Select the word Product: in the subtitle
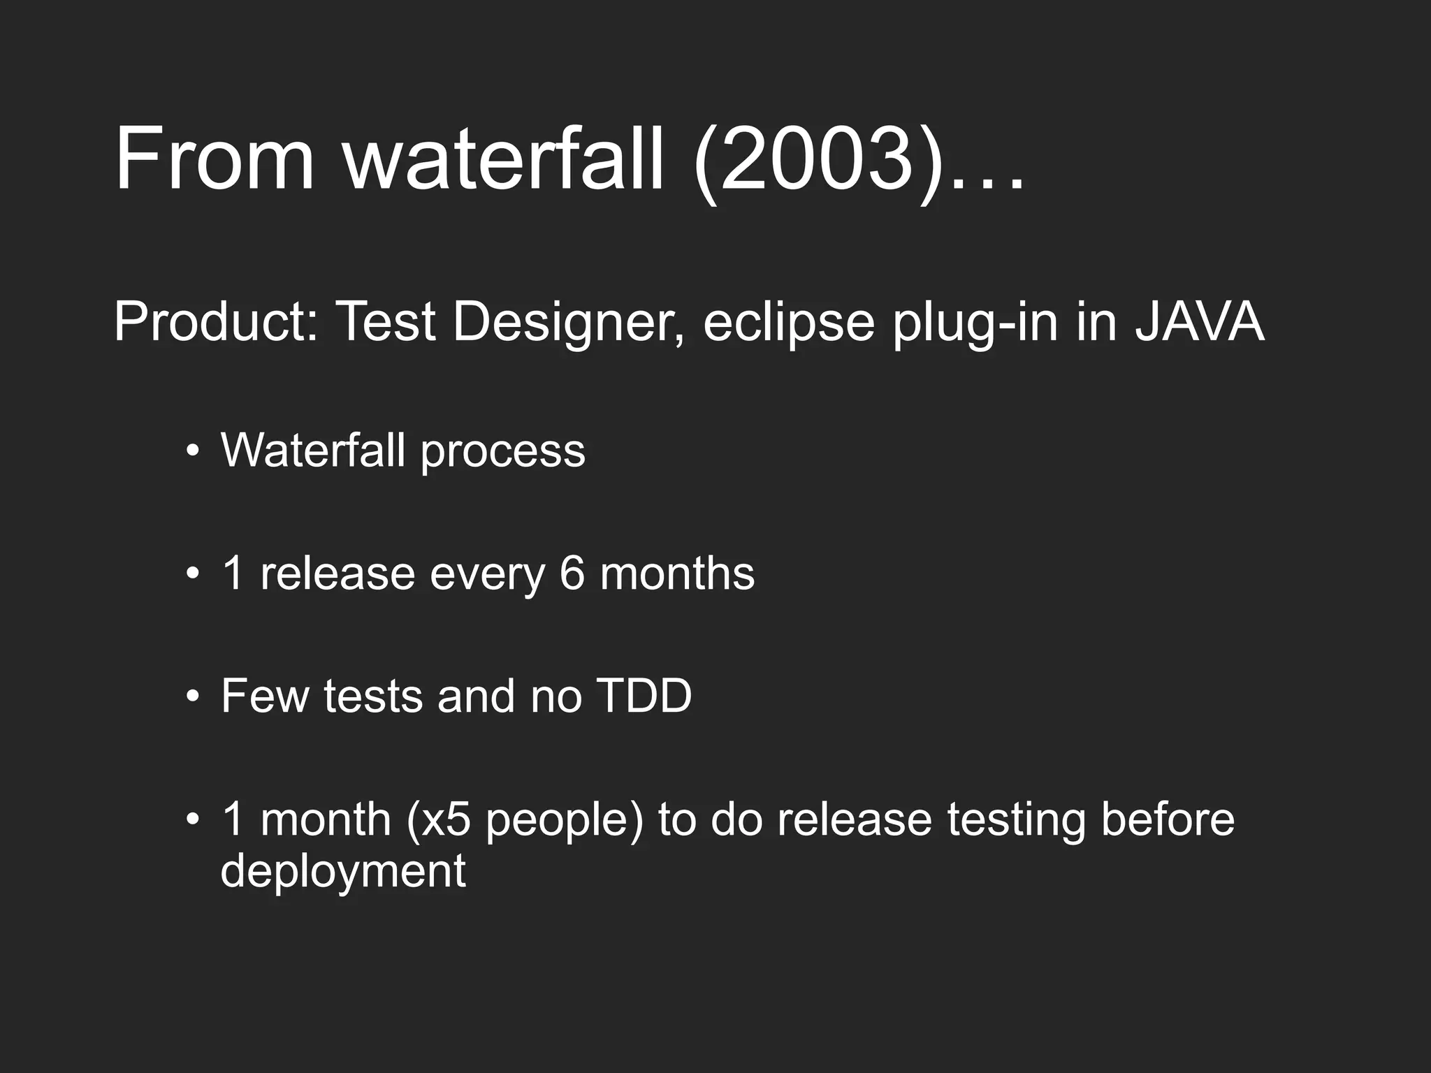[x=216, y=322]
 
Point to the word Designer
[x=568, y=323]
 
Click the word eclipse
[x=789, y=323]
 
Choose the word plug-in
[x=975, y=323]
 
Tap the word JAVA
[x=1199, y=322]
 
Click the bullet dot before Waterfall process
[x=193, y=451]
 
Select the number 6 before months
[x=572, y=574]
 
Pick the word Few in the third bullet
[x=265, y=696]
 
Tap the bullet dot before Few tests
[x=193, y=696]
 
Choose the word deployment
[x=343, y=872]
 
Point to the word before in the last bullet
[x=1168, y=819]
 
